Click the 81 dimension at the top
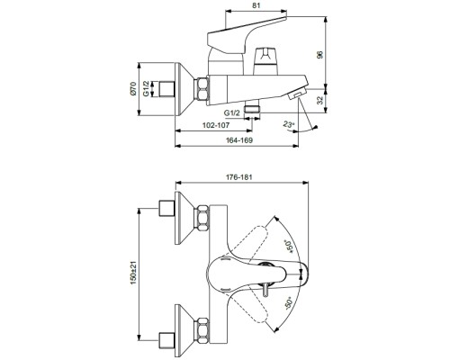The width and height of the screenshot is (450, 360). pos(256,5)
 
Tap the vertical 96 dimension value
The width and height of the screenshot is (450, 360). pos(320,55)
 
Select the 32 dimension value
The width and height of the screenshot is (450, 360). pos(320,100)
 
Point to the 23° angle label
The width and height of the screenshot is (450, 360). pos(289,124)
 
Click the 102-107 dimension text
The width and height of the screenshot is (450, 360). pos(217,125)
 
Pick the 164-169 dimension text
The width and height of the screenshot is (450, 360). pos(239,140)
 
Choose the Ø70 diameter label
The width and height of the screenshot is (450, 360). pos(133,89)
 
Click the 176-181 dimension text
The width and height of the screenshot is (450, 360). pos(239,177)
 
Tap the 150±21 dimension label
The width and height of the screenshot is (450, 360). pos(133,273)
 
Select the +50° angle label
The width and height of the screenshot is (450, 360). pos(290,247)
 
